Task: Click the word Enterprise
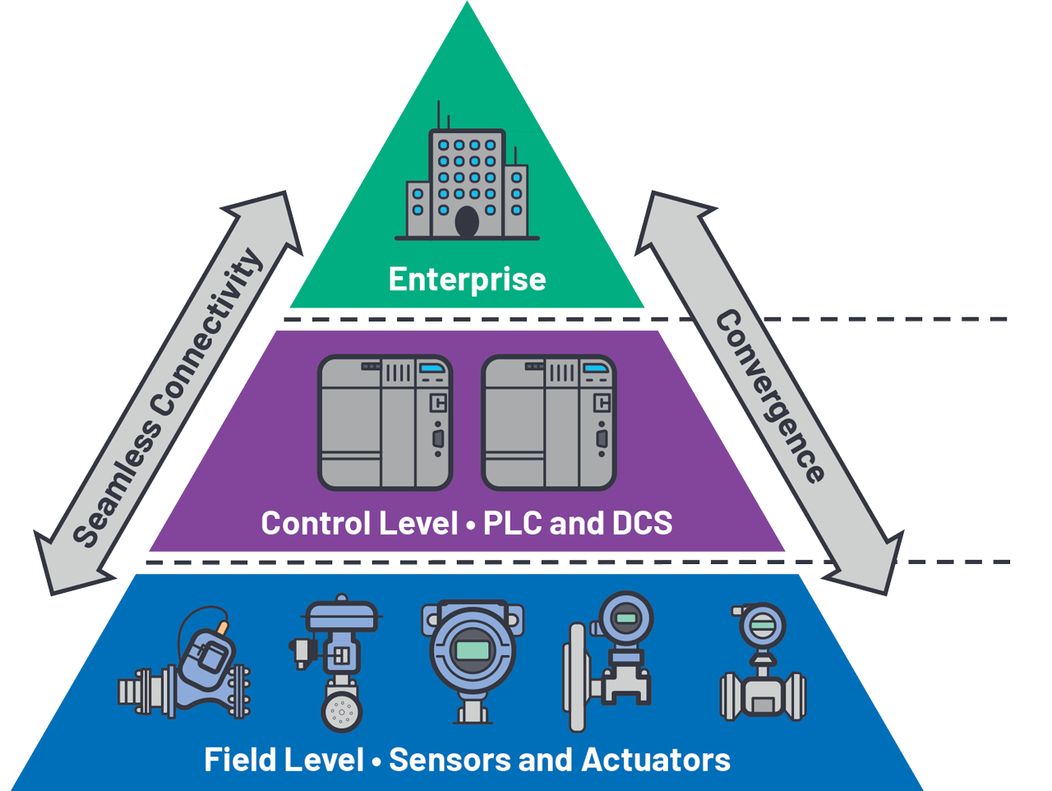click(x=467, y=280)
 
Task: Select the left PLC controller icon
click(x=385, y=423)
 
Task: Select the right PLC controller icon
click(x=548, y=423)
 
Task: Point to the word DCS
click(x=642, y=523)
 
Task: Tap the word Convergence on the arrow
click(x=769, y=396)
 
